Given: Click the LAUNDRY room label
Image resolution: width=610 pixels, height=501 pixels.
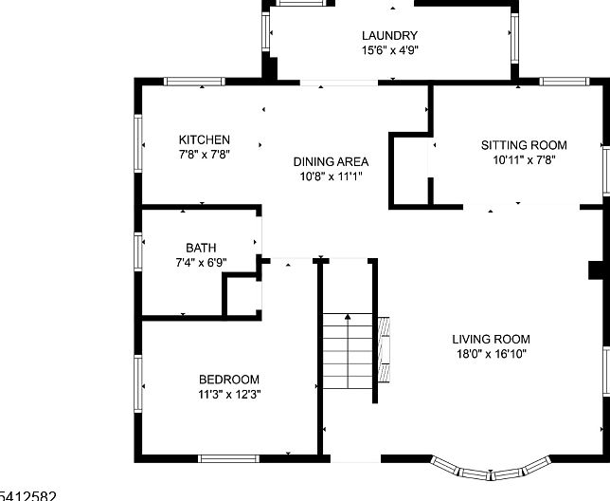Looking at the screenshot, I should pos(389,36).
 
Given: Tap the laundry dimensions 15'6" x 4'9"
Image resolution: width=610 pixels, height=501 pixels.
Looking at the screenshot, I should pos(389,50).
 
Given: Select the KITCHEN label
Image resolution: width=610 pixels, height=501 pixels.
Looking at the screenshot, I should pos(205,139).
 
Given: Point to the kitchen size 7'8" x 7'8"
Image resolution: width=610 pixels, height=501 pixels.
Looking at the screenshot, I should pos(205,154).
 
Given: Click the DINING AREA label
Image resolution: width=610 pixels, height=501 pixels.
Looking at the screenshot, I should pos(331,161).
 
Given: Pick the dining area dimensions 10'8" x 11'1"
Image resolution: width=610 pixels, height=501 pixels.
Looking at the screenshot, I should pos(331,176).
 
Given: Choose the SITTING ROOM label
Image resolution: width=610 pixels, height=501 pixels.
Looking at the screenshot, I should pos(523,145).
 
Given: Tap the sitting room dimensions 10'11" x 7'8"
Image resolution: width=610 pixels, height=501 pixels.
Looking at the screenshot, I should pos(523,159).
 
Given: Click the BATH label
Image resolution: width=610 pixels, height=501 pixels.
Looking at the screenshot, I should pos(201,248).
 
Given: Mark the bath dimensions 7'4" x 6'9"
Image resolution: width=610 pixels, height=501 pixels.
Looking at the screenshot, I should pos(201,262).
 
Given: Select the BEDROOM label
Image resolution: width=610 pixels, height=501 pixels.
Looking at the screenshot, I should pos(229,380).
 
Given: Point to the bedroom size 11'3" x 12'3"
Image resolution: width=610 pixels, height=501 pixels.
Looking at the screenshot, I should pos(229,394).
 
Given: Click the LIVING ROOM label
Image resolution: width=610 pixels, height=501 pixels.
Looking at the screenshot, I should pos(491,339).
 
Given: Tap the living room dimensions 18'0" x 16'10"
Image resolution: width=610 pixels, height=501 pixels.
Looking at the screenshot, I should pos(491,353).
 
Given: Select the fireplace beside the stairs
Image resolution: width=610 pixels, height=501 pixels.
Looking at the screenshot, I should pos(385,348).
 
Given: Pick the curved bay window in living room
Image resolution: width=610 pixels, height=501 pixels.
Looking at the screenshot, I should pos(491,468).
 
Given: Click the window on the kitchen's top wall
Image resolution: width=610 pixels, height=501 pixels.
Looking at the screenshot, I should pos(192,81).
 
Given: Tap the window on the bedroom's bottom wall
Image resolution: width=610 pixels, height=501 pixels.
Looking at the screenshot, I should pos(228,458).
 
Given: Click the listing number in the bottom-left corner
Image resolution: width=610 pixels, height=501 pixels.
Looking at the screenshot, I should pos(28,494).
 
